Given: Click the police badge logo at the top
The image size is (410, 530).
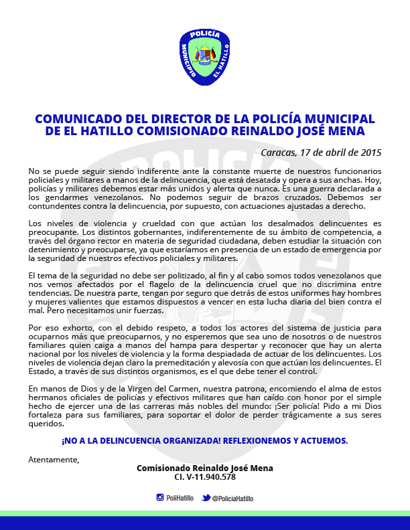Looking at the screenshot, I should click(x=205, y=57).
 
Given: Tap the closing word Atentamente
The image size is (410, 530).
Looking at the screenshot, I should click(x=54, y=459).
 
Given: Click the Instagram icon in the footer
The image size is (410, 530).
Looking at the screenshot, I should click(x=160, y=497).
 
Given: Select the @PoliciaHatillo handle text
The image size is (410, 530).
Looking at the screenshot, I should click(x=232, y=498).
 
